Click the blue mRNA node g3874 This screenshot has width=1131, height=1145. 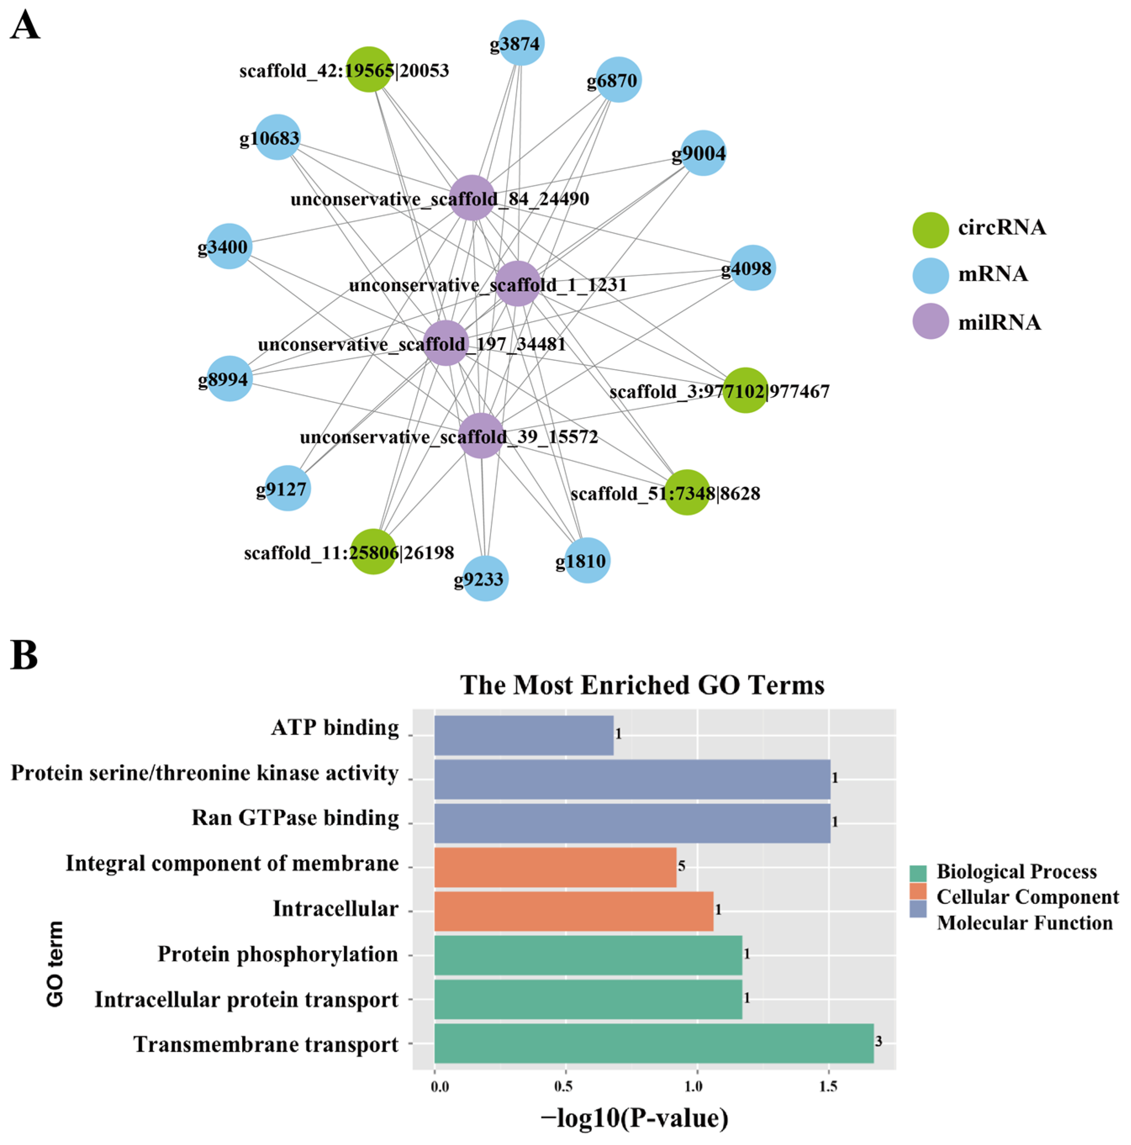(x=521, y=43)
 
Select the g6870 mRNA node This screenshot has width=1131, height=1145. (x=618, y=80)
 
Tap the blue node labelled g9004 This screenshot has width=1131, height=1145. (x=702, y=153)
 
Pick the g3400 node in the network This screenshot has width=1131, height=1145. (x=229, y=246)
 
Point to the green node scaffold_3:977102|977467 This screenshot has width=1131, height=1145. (x=745, y=390)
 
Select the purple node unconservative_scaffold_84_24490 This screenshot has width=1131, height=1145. (x=472, y=198)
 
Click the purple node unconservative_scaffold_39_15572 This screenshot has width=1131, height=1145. (x=481, y=436)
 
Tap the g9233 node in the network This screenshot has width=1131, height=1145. (x=485, y=578)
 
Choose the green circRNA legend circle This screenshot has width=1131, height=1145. (x=930, y=229)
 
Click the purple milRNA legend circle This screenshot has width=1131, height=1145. (x=930, y=321)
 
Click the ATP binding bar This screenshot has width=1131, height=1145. (x=523, y=735)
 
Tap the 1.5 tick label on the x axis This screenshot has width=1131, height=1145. (x=828, y=1086)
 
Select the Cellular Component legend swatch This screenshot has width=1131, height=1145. (x=917, y=897)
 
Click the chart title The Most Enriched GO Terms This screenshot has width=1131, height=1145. (x=642, y=685)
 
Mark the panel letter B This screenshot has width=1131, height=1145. (x=24, y=656)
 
